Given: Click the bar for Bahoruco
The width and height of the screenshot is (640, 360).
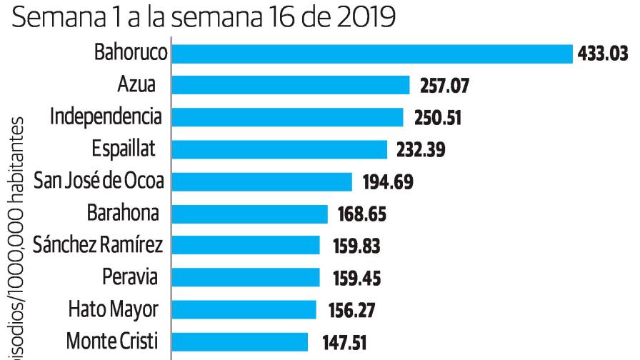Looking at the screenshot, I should (372, 54).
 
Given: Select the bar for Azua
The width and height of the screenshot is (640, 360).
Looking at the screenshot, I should (291, 86).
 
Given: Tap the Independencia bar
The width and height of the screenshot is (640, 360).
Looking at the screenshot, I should (288, 117).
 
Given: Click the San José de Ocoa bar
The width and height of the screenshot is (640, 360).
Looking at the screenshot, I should (262, 181).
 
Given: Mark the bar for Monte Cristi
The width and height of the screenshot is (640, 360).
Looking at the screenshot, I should (240, 341).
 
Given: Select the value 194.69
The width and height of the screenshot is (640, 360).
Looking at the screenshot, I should (384, 183).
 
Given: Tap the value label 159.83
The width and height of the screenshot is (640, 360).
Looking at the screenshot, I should (356, 246).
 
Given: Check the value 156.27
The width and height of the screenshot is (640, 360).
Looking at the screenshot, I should (352, 311).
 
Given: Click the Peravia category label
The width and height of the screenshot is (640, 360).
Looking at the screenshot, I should (129, 277).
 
